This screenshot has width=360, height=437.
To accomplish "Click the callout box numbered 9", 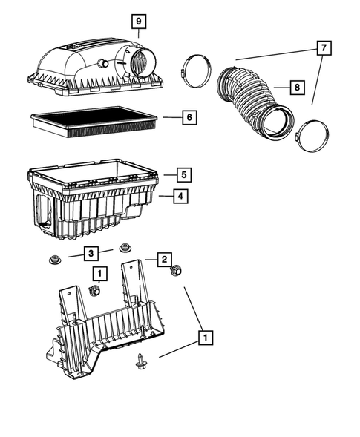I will point(139,21).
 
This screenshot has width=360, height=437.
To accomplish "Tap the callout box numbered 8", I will point(296,88).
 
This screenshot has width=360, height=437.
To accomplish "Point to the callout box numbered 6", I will point(189,117).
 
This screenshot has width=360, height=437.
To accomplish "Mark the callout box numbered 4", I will point(180,197).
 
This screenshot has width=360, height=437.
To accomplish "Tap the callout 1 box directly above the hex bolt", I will point(98,273).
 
